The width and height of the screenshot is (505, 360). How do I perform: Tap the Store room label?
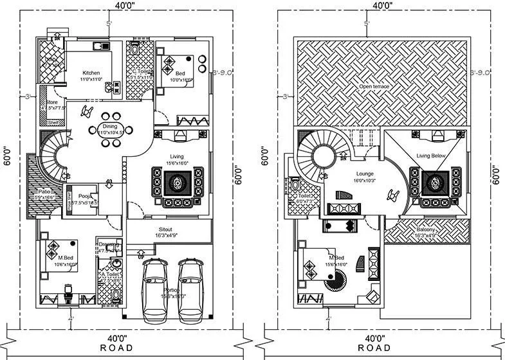pyautogui.click(x=51, y=102)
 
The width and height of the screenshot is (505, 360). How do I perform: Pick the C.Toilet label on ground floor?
pyautogui.click(x=140, y=71)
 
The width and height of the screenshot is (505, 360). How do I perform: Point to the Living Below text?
pyautogui.click(x=432, y=156)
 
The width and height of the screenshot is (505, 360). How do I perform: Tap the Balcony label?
pyautogui.click(x=425, y=230)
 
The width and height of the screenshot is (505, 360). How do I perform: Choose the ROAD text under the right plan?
pyautogui.click(x=374, y=348)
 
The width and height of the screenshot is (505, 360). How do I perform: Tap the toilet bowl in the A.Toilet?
pyautogui.click(x=116, y=296)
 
